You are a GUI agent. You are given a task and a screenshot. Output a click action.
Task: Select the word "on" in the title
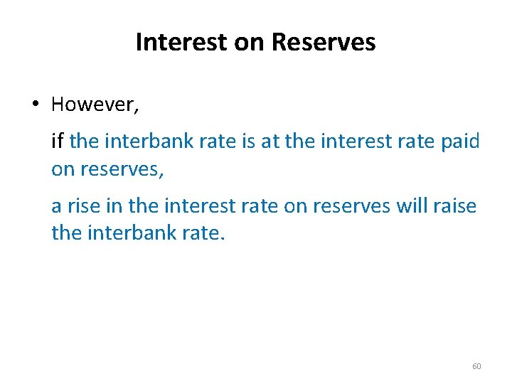coord(245,43)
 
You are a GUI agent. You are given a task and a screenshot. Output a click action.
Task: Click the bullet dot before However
coord(35,105)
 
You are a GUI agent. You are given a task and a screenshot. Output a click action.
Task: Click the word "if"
coord(58,141)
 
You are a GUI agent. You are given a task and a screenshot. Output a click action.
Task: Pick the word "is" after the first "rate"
coord(248,141)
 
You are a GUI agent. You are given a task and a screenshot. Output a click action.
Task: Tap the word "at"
coord(271,141)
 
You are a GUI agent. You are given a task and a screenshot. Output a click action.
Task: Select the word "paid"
coord(460,141)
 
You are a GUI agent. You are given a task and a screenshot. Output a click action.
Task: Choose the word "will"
coord(412,206)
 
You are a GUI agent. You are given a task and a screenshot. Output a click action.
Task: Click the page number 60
coord(476,366)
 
